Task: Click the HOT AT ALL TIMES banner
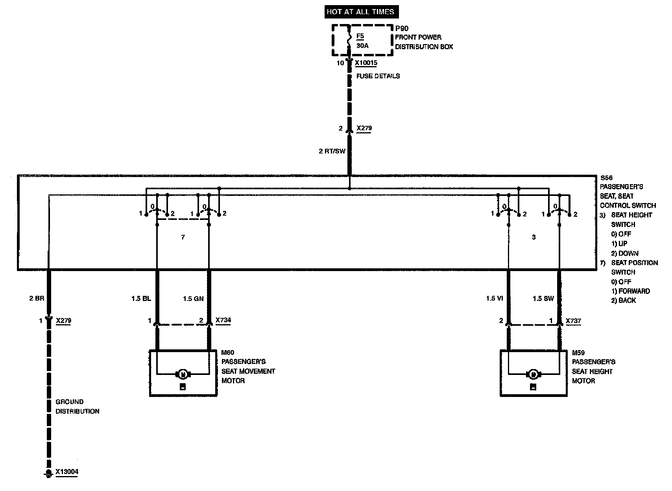360,12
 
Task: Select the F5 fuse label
360,37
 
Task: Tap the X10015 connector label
366,63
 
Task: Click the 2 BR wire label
37,298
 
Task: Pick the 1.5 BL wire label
141,299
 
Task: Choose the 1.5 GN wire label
193,299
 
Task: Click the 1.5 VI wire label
495,299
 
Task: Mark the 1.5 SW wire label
543,299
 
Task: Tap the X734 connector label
223,320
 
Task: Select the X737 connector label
573,321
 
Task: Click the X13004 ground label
66,472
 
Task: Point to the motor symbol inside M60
183,374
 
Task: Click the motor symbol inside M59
533,374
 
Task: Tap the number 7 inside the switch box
183,237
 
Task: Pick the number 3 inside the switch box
534,237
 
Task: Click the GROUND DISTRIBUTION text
77,406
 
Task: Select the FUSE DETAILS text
378,76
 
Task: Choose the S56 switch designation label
607,178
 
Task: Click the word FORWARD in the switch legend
634,291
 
